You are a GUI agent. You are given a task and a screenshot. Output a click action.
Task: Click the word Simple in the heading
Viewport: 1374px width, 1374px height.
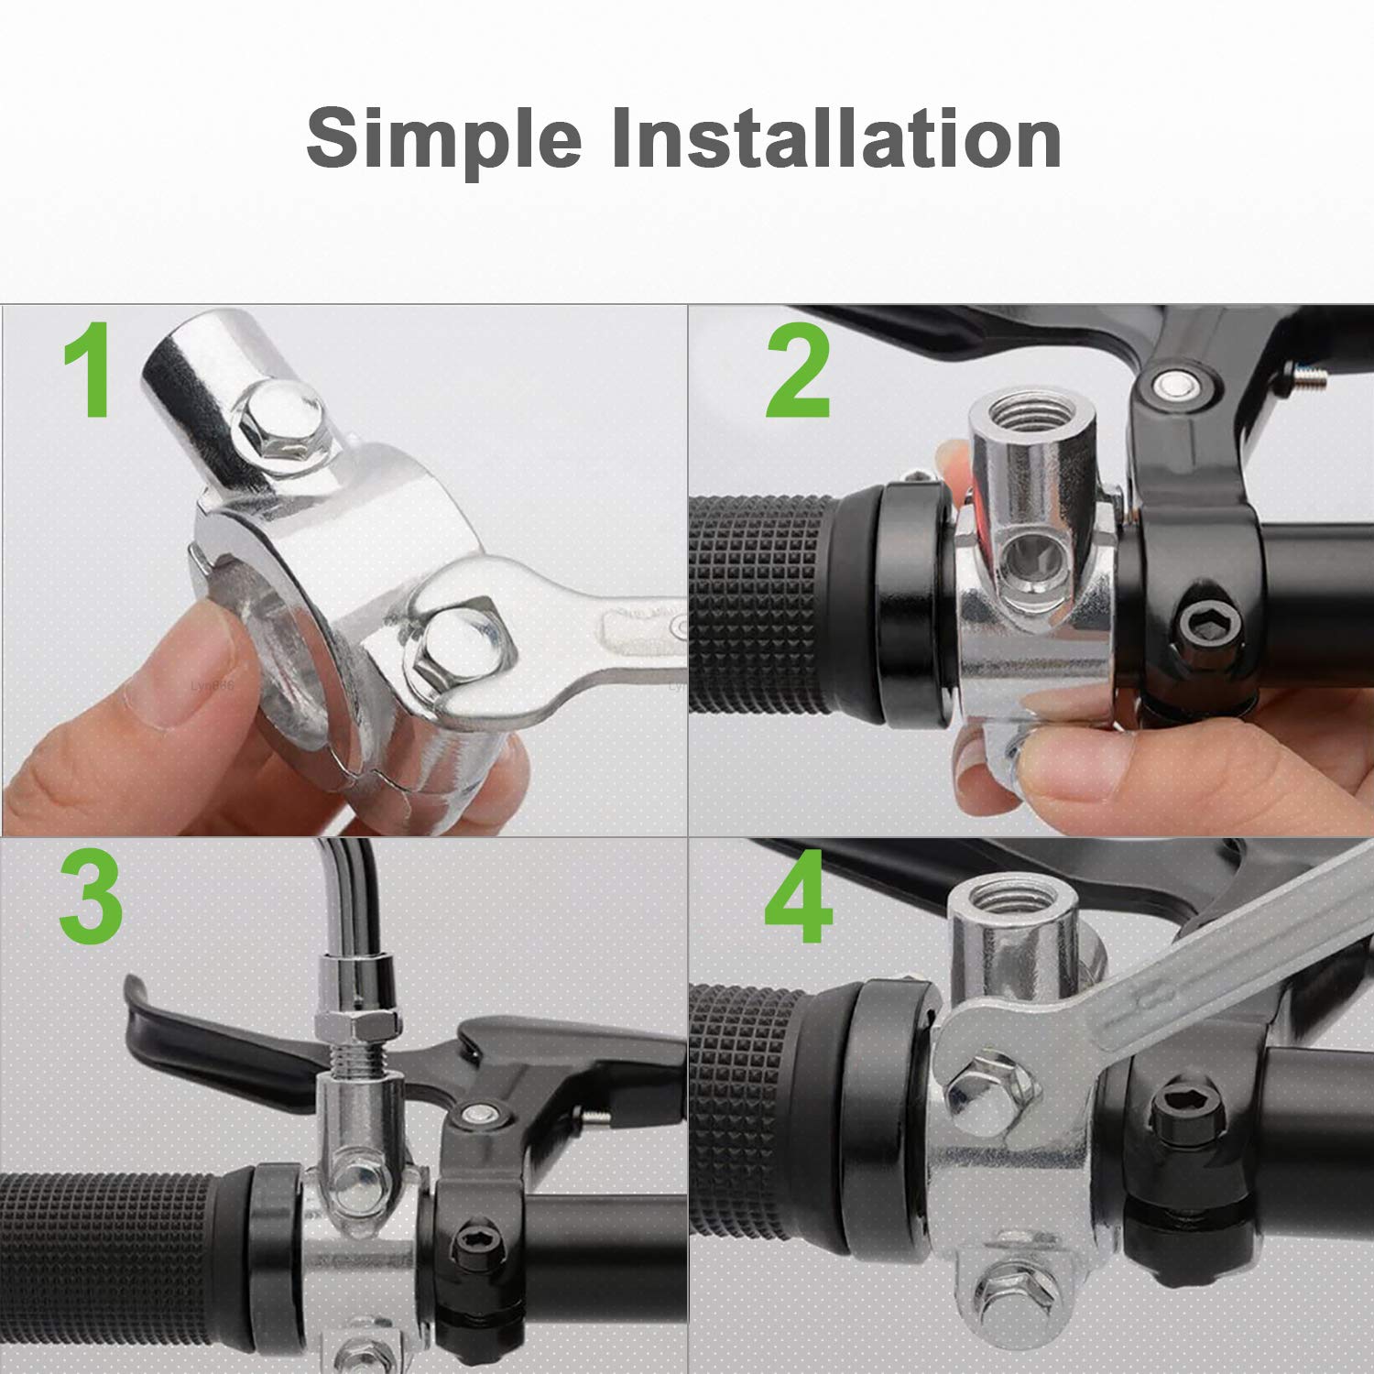click(443, 139)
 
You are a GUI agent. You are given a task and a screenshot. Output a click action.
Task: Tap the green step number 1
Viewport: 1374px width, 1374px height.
click(89, 371)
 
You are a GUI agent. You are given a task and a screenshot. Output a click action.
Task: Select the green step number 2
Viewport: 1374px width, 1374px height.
click(798, 374)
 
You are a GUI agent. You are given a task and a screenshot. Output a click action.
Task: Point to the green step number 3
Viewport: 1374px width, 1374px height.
click(91, 899)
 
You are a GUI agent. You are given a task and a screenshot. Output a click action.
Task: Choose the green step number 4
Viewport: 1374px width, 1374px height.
click(799, 899)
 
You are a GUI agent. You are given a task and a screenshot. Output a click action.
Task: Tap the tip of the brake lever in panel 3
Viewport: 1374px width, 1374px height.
click(137, 994)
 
